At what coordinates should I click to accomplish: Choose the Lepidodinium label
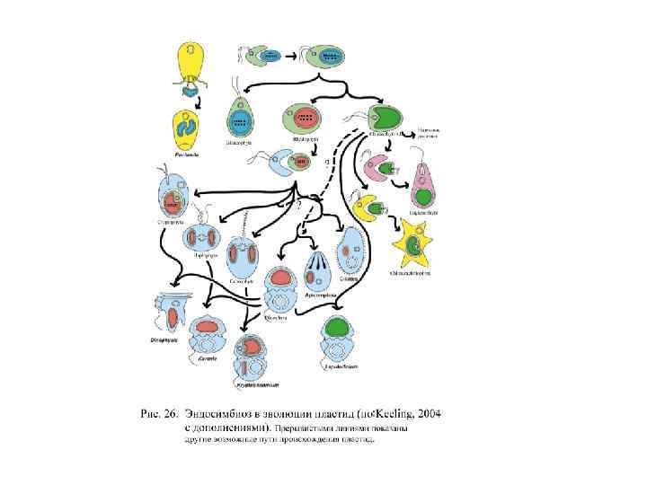tap(339, 366)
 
